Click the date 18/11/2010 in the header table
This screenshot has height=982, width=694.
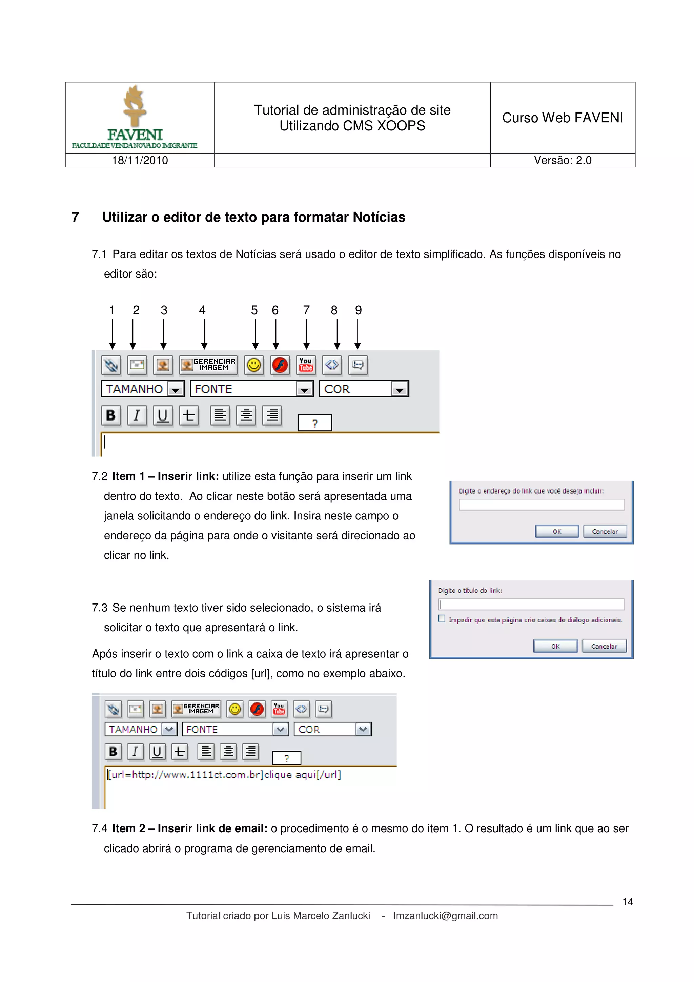140,160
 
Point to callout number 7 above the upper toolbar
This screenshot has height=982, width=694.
306,310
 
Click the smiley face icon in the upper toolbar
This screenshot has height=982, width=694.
254,365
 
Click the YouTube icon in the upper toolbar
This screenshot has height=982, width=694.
306,365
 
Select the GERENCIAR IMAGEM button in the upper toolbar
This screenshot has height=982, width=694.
208,365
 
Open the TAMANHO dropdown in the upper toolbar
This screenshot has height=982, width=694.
175,389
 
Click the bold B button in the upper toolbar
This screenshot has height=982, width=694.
110,415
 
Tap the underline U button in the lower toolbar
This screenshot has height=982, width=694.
157,752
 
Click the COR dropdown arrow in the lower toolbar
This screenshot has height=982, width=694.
363,729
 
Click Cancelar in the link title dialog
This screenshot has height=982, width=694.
604,646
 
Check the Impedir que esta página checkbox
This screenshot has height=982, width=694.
442,619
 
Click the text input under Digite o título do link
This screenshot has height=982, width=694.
531,604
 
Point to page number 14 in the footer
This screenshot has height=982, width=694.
627,902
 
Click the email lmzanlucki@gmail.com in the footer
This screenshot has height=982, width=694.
446,916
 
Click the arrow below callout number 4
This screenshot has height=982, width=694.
204,334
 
